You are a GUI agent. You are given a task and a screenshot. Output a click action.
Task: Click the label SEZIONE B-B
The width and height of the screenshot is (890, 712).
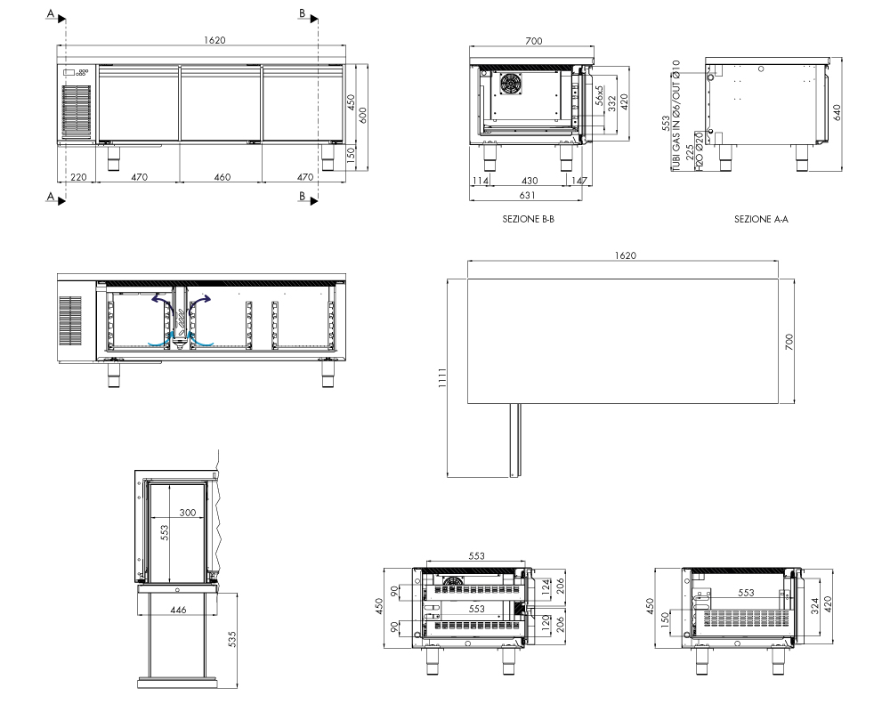click(x=528, y=219)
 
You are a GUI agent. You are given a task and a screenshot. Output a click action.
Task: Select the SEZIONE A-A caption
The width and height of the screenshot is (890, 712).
click(x=761, y=219)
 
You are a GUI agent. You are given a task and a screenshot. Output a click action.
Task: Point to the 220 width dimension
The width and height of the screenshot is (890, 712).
click(x=78, y=177)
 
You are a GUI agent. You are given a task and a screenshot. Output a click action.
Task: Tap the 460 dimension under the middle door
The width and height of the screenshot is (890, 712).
click(x=222, y=177)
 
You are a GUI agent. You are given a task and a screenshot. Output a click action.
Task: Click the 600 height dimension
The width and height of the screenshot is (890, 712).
click(x=363, y=116)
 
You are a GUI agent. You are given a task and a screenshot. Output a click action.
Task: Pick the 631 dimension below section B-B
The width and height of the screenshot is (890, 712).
click(x=527, y=195)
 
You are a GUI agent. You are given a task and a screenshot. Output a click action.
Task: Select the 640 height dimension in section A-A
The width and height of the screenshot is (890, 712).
click(x=837, y=112)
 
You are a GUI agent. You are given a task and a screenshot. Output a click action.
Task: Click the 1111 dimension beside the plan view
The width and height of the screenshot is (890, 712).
click(x=442, y=377)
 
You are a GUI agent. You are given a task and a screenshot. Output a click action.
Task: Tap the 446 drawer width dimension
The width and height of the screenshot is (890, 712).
click(x=178, y=610)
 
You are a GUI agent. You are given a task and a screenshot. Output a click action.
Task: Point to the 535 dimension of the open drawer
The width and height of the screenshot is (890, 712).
click(x=231, y=639)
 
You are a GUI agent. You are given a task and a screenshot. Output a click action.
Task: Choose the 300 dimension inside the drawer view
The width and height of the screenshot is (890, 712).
click(x=187, y=512)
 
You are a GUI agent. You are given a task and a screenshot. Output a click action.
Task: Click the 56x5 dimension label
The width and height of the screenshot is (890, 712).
click(x=599, y=95)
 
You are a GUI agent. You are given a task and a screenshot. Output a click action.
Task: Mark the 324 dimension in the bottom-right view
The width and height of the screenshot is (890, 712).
click(x=815, y=605)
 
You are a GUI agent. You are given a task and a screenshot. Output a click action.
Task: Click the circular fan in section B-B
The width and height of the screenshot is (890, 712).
click(x=510, y=84)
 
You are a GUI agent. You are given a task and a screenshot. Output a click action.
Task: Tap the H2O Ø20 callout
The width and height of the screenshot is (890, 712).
click(x=700, y=151)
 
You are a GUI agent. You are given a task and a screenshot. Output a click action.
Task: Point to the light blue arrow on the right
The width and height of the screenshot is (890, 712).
click(x=201, y=339)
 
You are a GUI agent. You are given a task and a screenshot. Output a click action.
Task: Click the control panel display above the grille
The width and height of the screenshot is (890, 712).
click(x=69, y=72)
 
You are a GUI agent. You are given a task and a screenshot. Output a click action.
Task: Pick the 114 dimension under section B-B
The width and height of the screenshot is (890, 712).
click(x=481, y=181)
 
